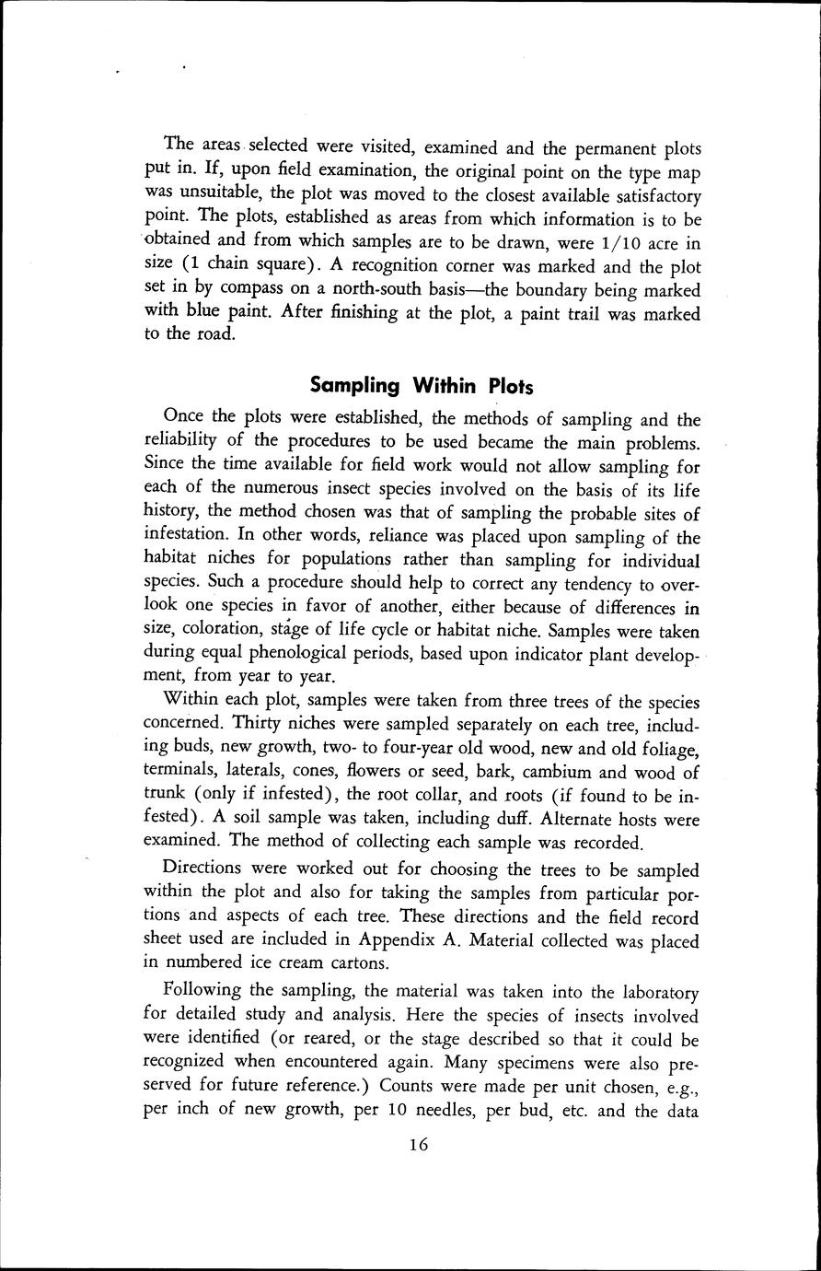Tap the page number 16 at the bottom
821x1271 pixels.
(418, 1146)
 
